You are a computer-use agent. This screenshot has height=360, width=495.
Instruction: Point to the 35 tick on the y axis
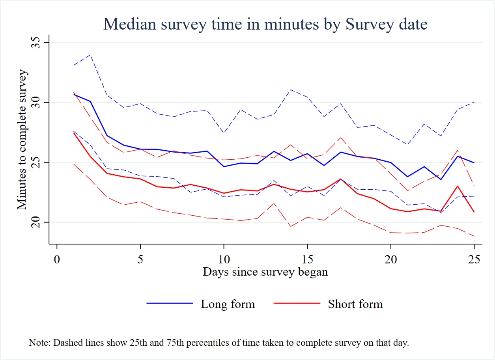[35, 43]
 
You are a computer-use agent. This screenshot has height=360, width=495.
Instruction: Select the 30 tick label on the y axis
[35, 103]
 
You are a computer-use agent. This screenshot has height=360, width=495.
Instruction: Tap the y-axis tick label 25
[35, 162]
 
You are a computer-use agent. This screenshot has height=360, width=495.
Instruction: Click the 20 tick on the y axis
[35, 222]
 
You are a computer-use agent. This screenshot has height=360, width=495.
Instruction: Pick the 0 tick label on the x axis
[57, 259]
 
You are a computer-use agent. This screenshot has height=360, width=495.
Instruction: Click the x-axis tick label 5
[140, 259]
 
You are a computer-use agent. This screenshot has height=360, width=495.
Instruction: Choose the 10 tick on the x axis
[224, 259]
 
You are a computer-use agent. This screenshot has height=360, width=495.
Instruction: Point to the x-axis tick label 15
[307, 259]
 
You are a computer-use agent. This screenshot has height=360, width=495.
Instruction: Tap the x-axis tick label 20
[391, 259]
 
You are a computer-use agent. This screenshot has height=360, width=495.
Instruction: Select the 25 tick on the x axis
[474, 259]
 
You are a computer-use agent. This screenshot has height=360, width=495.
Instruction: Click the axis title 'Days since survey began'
[265, 272]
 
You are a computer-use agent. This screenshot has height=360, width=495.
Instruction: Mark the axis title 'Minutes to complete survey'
[22, 139]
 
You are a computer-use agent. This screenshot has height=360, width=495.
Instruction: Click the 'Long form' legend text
[228, 304]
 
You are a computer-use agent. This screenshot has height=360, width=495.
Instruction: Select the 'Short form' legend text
[355, 304]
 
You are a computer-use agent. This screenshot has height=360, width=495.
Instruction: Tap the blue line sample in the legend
[170, 304]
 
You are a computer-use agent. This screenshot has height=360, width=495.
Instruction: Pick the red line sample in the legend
[297, 304]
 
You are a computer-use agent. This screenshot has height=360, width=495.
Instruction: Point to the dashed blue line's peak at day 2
[90, 55]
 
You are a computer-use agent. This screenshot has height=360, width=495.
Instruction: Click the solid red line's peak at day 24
[457, 186]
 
